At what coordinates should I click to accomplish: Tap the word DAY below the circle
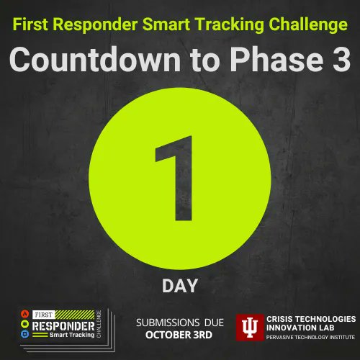180,286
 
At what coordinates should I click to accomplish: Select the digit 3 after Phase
338,60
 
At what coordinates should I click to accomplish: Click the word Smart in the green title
170,26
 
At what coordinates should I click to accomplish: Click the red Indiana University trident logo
250,328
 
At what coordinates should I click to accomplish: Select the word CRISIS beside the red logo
282,318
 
